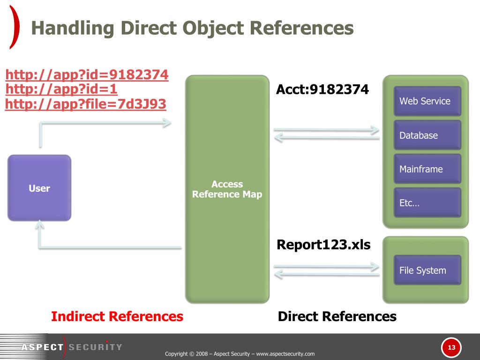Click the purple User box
point(39,188)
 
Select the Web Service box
point(427,101)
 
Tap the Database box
point(427,135)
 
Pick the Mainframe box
point(427,169)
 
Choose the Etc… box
point(427,203)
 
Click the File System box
point(427,270)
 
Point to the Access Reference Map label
point(227,189)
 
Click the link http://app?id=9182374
point(87,75)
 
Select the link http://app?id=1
point(61,89)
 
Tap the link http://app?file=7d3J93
point(86,104)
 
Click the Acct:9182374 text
point(322,89)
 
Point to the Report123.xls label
point(323,245)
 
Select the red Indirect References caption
point(117,316)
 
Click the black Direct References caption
point(337,316)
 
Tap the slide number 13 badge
point(451,347)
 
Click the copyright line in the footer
point(240,354)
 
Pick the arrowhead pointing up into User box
point(40,226)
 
